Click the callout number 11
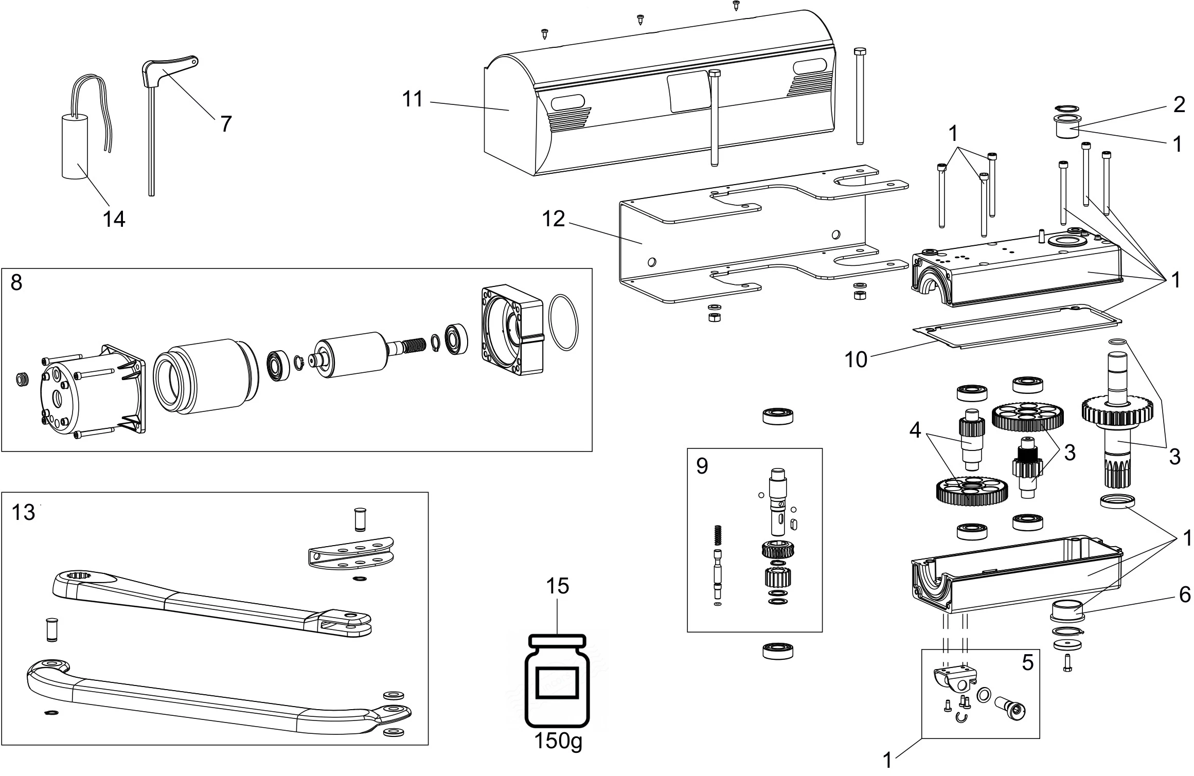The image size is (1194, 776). click(x=413, y=99)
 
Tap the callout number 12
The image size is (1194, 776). click(x=554, y=219)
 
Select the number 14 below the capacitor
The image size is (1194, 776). click(x=114, y=219)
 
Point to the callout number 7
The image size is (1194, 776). click(x=226, y=124)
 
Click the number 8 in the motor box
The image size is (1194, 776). click(x=16, y=282)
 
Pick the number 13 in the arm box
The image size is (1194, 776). click(x=23, y=512)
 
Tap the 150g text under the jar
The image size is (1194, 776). click(x=558, y=755)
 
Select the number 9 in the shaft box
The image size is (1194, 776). click(x=702, y=466)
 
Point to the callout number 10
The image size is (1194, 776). click(x=856, y=360)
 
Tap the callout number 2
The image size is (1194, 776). click(x=1179, y=105)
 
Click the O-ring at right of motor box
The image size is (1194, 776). click(x=564, y=322)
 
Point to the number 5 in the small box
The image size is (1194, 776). click(x=1027, y=663)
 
